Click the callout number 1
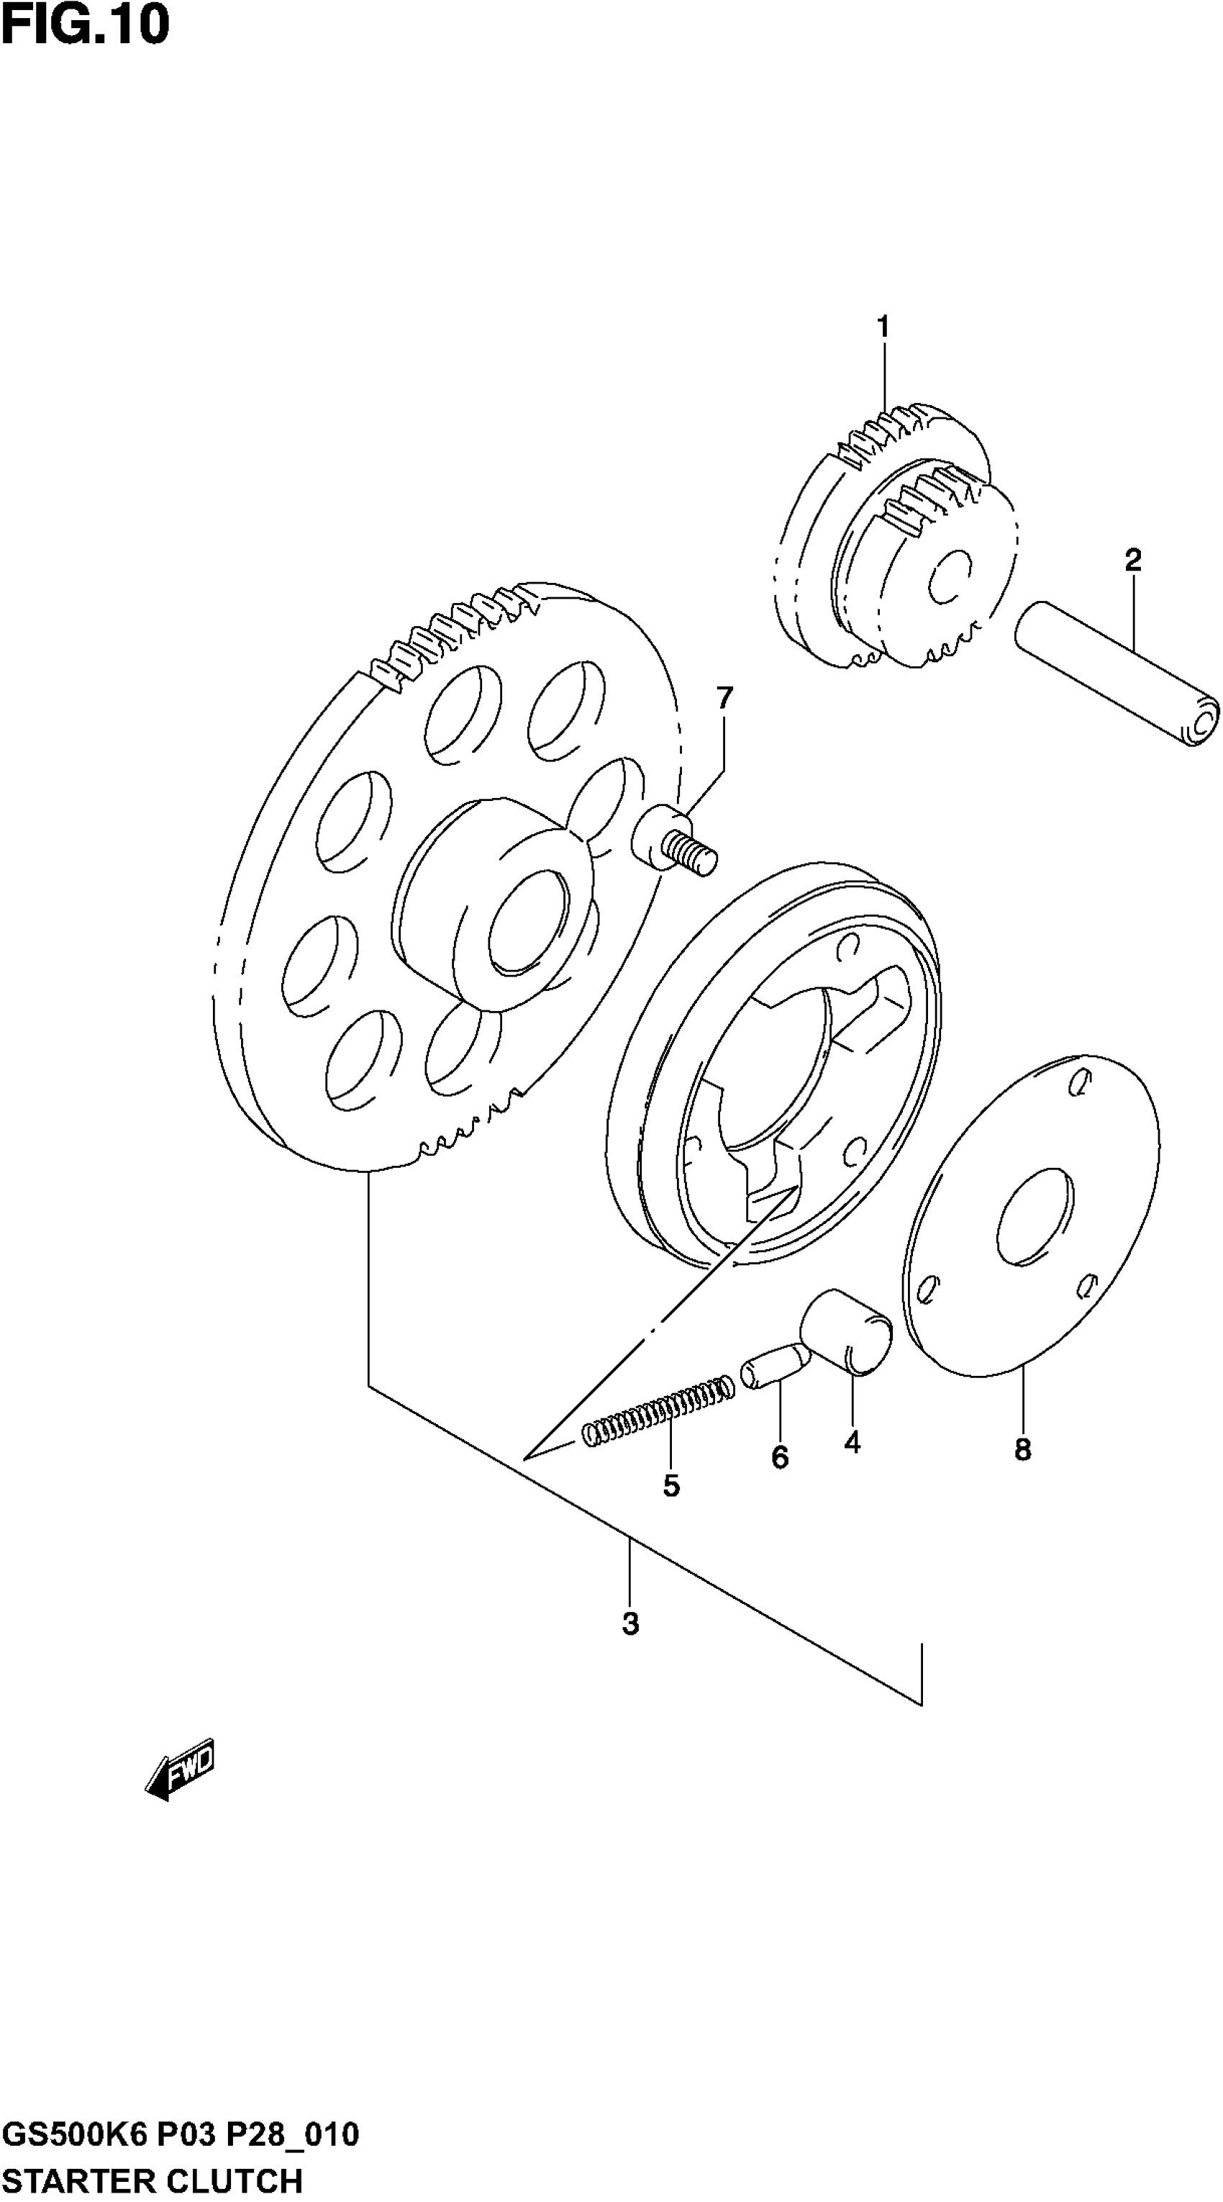coord(883,327)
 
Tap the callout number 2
coord(1132,561)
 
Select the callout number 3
coord(631,1623)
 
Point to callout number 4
coord(852,1443)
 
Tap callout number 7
coord(724,699)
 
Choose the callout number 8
coord(1023,1450)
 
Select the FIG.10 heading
coord(86,26)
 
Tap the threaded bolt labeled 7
coord(676,843)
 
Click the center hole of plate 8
coord(1034,1215)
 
